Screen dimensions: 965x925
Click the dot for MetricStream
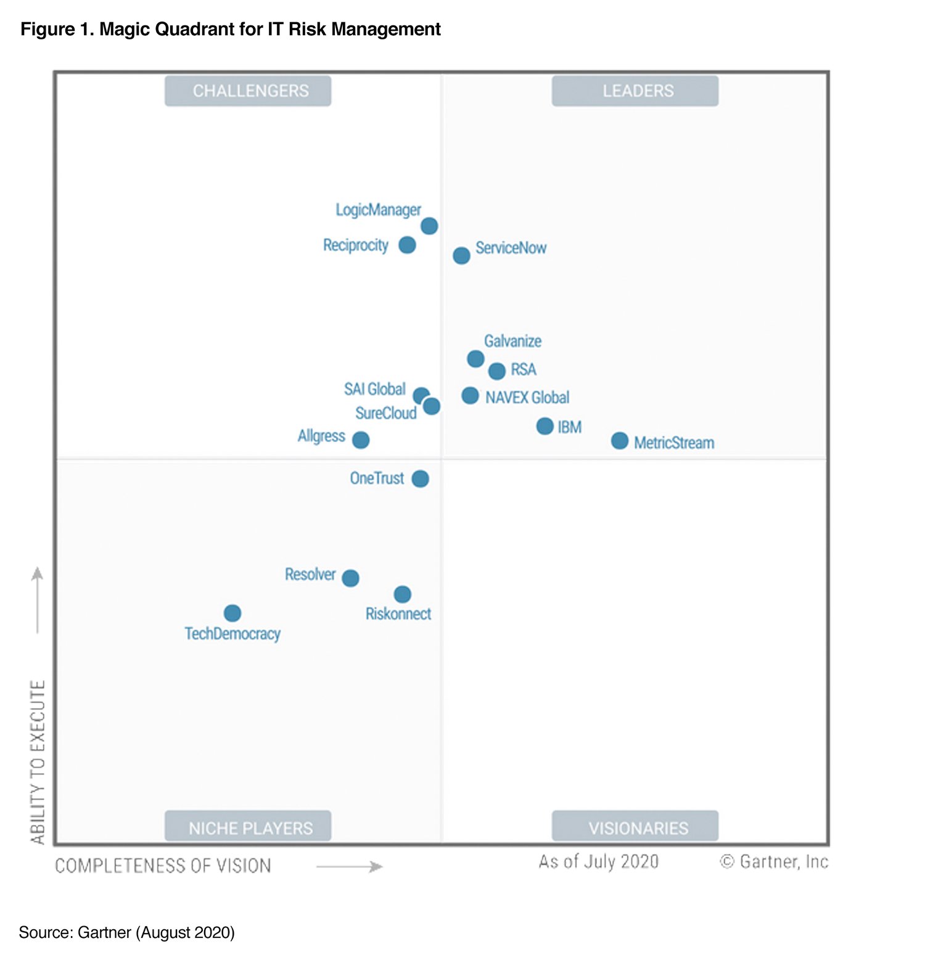[x=619, y=441]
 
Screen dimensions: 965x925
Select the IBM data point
[x=545, y=426]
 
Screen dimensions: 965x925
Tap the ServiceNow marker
[x=461, y=255]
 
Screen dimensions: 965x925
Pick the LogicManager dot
[x=429, y=226]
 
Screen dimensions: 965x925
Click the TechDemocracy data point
[x=232, y=613]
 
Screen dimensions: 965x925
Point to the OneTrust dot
[x=420, y=478]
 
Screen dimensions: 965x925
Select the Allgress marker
[x=361, y=440]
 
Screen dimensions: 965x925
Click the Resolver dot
[x=350, y=578]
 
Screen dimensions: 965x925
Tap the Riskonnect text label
[x=398, y=614]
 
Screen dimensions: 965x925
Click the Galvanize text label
[x=512, y=341]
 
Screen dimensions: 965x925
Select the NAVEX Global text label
[x=527, y=398]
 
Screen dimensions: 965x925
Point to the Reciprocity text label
[x=356, y=245]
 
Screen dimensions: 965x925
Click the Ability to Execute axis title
[x=38, y=762]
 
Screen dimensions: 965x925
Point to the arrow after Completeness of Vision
[x=349, y=867]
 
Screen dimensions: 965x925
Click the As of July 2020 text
[x=598, y=861]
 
